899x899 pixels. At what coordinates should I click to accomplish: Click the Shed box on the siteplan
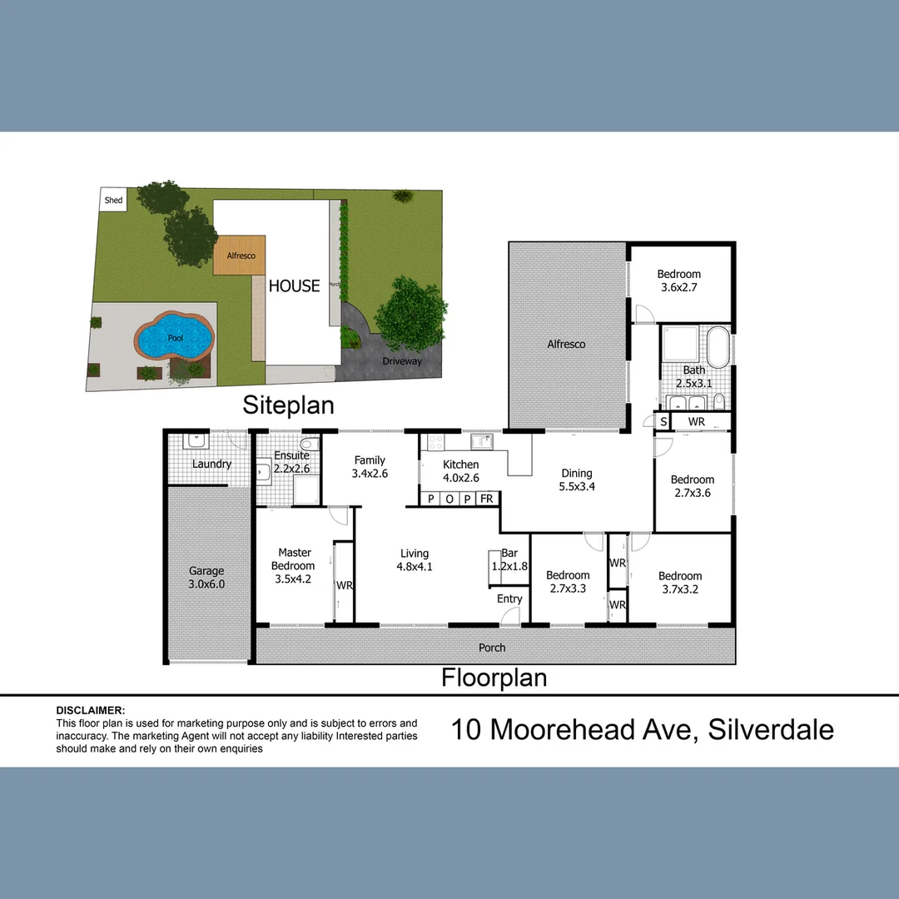click(x=113, y=200)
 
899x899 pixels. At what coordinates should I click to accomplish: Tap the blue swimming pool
click(x=174, y=337)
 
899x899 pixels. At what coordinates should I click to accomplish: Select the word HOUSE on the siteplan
click(x=294, y=286)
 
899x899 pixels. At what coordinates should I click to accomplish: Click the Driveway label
click(x=402, y=361)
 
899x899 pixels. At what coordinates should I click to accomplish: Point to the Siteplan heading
click(x=288, y=405)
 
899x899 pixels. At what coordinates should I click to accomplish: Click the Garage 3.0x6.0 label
click(x=206, y=577)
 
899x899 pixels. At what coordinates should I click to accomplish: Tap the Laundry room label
click(x=211, y=464)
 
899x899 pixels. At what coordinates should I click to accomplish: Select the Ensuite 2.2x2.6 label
click(x=291, y=461)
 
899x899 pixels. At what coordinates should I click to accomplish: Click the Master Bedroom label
click(x=295, y=566)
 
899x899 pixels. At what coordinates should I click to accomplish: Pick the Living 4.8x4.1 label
click(x=414, y=559)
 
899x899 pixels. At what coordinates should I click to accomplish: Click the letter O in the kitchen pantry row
click(x=449, y=499)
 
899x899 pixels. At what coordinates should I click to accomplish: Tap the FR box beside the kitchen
click(x=486, y=499)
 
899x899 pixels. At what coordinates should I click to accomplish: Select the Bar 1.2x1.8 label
click(x=509, y=559)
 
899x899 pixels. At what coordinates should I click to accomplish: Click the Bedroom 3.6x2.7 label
click(x=678, y=281)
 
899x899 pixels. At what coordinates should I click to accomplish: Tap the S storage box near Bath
click(x=663, y=422)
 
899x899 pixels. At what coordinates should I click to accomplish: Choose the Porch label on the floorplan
click(x=492, y=648)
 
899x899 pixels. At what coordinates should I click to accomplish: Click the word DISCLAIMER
click(x=90, y=711)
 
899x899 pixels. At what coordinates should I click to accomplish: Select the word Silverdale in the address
click(x=770, y=730)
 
